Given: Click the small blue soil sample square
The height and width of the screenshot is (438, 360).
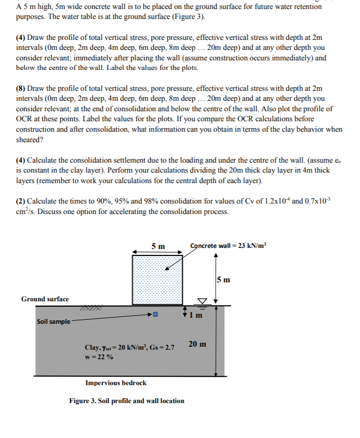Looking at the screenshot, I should coord(155,315).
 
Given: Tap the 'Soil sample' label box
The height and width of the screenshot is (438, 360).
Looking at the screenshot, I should coord(53,322).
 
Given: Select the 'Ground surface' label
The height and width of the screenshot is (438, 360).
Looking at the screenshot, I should coord(45,299).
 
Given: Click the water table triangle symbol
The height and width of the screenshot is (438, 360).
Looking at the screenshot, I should coord(202,301).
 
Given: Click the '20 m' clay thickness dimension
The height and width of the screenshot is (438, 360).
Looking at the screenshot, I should coord(197,344).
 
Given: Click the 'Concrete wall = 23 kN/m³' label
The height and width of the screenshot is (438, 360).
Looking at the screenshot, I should coord(229,245).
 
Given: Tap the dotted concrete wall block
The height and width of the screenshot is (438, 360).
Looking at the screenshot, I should coord(157,279).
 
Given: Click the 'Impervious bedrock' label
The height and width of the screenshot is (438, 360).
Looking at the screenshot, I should coord(116,384).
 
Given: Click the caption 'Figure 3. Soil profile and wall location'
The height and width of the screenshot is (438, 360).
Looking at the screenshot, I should coord(127,401).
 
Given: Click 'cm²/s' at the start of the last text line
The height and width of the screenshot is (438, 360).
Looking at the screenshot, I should coord(25,211).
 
